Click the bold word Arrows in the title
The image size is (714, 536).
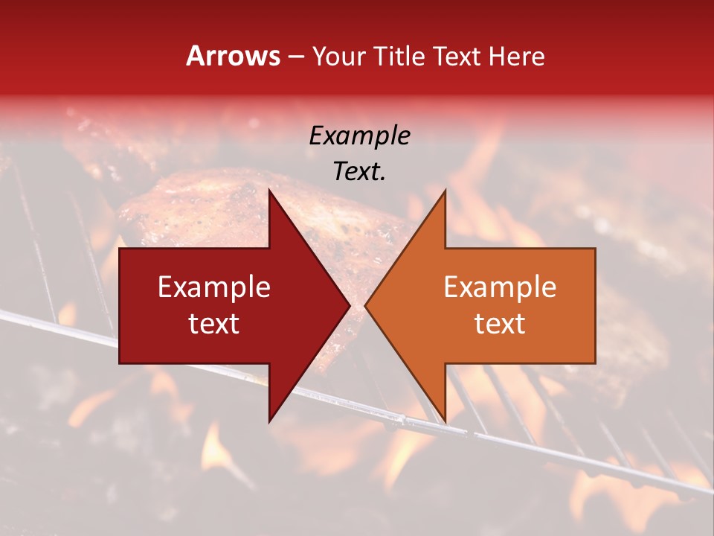tap(234, 56)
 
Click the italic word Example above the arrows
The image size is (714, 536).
tap(359, 135)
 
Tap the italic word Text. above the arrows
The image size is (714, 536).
tap(359, 171)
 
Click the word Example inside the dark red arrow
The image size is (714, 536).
tap(213, 287)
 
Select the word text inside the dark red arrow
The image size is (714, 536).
tap(213, 323)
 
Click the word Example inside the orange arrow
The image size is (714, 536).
tap(500, 287)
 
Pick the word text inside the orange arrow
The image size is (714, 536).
tap(500, 323)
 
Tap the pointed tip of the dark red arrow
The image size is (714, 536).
tap(350, 305)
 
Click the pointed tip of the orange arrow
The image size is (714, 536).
tap(365, 305)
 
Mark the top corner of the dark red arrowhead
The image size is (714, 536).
tap(269, 190)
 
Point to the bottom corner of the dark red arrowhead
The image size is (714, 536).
tap(269, 422)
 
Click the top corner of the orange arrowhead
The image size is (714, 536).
tap(445, 190)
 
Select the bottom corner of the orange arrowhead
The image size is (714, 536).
tap(445, 422)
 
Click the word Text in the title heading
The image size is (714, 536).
tap(455, 56)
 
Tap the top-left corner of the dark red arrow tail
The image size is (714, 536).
tap(120, 249)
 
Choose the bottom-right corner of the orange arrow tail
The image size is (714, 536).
tap(595, 363)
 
